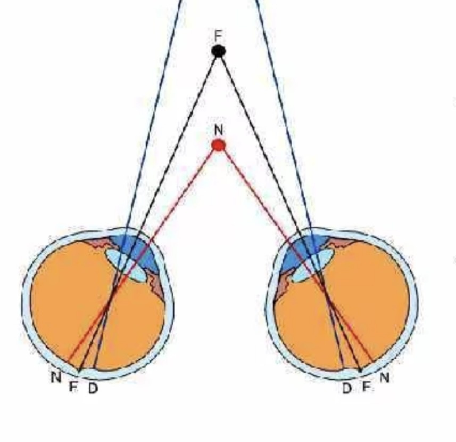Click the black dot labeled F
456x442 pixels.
tap(218, 51)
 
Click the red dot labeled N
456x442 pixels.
tap(218, 145)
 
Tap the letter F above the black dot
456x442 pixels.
tap(218, 36)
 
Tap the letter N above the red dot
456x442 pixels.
tap(219, 130)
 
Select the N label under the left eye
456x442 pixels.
tap(56, 377)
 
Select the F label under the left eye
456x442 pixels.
tap(73, 387)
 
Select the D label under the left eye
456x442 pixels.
tap(93, 388)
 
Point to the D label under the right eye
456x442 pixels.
tap(346, 388)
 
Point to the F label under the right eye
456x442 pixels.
tap(367, 387)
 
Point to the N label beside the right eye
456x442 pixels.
tap(384, 377)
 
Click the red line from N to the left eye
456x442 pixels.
tap(143, 253)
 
